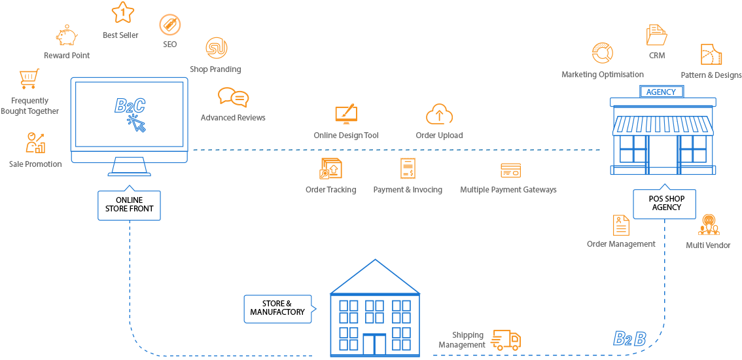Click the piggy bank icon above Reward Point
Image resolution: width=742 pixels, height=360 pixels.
(x=66, y=36)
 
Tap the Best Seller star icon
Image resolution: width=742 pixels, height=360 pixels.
(x=122, y=12)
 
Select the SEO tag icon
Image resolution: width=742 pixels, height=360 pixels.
(x=170, y=26)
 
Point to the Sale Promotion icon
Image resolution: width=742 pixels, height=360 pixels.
(x=35, y=143)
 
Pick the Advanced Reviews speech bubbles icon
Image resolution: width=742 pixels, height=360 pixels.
(x=234, y=98)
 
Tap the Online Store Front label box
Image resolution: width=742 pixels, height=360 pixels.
(x=129, y=204)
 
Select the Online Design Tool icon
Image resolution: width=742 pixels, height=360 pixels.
(x=346, y=115)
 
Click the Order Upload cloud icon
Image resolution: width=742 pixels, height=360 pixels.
(x=439, y=115)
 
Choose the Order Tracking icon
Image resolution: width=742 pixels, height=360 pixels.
(x=331, y=169)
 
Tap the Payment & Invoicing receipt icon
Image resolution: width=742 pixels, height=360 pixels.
(x=408, y=169)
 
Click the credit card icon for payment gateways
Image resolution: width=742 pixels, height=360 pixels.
(x=510, y=170)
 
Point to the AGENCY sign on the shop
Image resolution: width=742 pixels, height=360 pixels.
(x=661, y=92)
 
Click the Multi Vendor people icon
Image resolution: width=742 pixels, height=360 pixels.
(x=709, y=225)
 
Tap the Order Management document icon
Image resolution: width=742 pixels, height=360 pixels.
(x=620, y=225)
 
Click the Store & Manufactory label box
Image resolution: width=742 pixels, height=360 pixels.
(x=277, y=308)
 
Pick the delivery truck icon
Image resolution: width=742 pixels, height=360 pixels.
(x=506, y=340)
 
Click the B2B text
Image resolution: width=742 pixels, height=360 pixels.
(x=629, y=339)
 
